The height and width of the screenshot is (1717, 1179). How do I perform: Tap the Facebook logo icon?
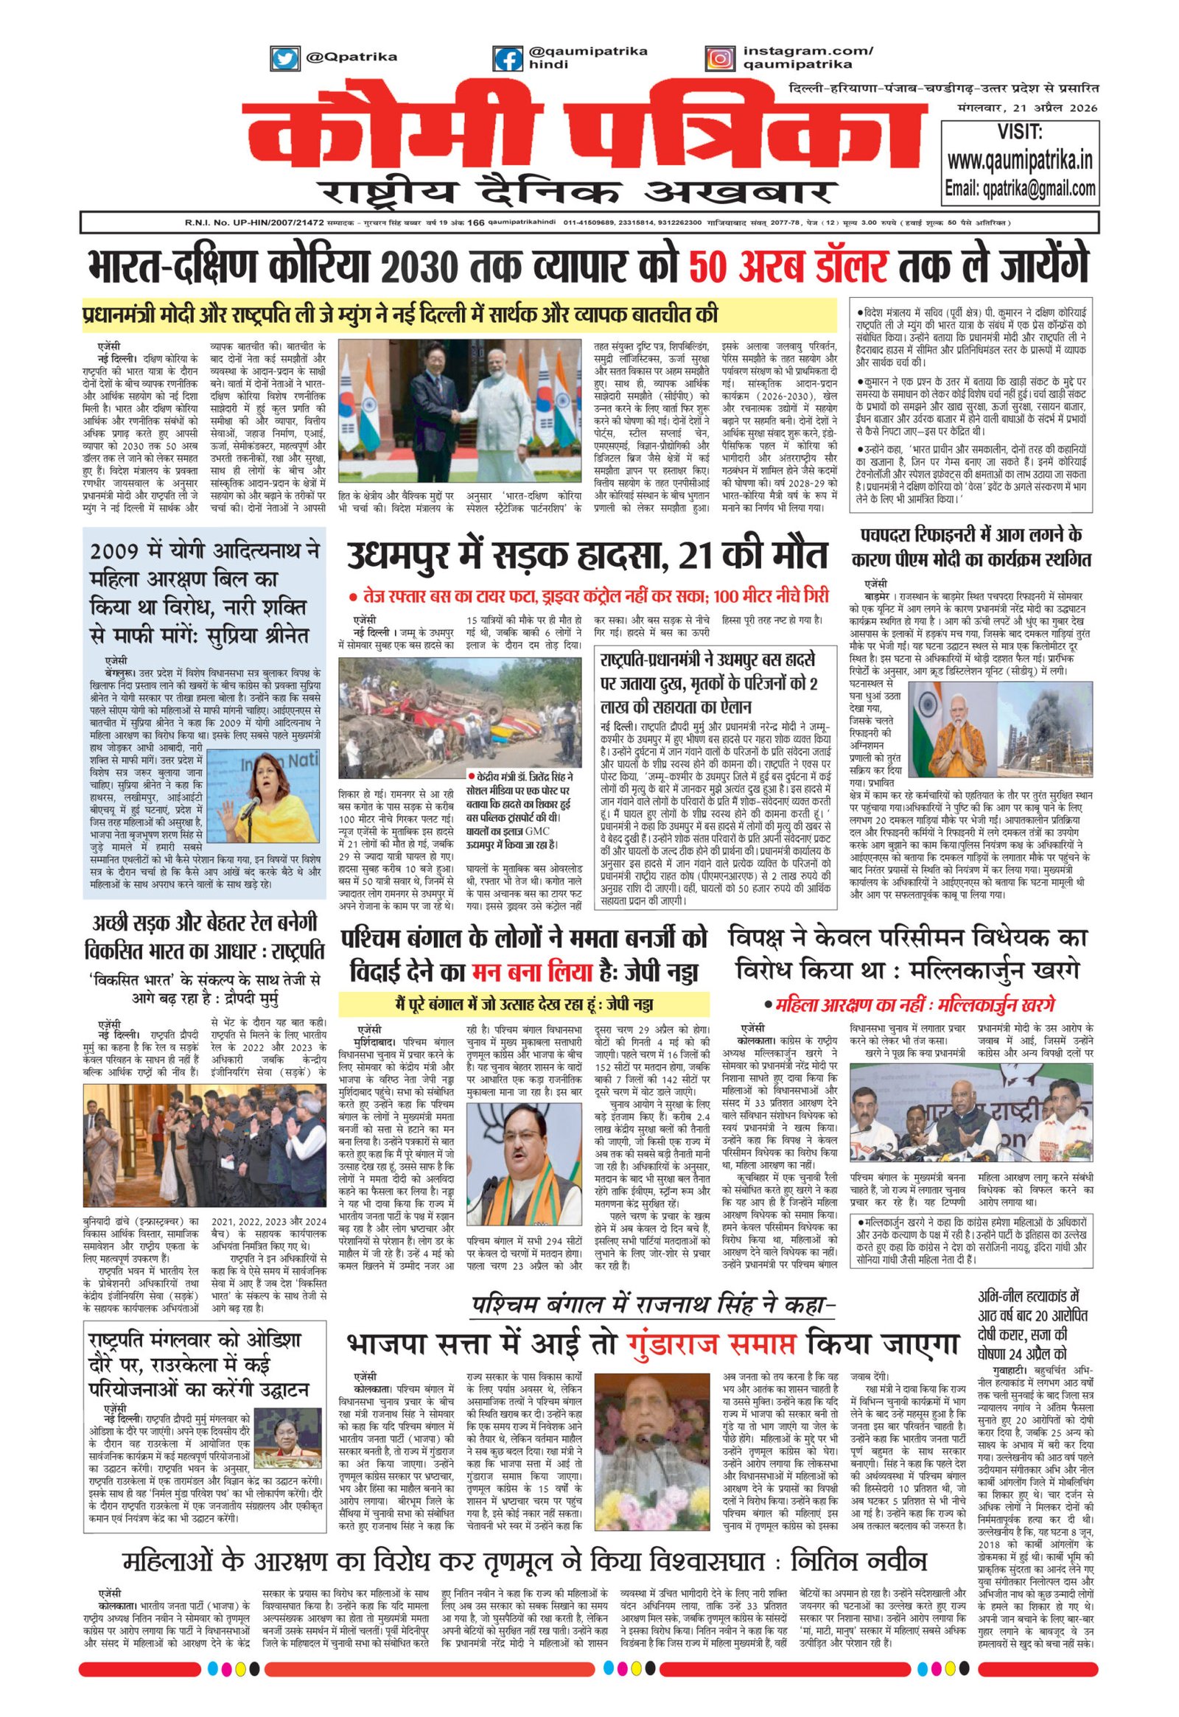508,58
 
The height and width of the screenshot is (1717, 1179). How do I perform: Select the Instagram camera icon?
718,58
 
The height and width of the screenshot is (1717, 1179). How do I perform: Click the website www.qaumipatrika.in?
1020,160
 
